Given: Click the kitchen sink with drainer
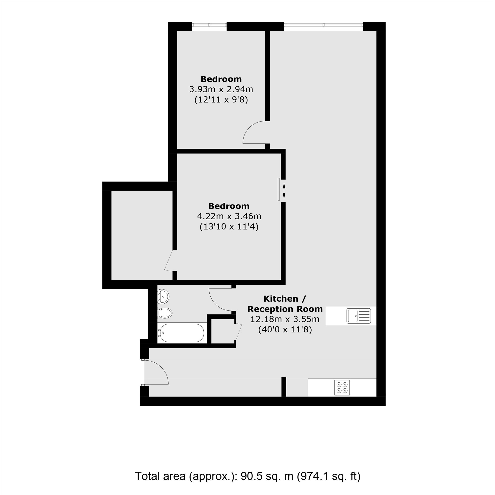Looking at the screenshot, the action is coord(359,316).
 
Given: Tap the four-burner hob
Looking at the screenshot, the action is coord(342,388).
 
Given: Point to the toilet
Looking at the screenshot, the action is coord(165,313).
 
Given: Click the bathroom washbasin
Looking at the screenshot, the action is coord(163,297).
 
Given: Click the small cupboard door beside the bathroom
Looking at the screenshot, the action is coord(238,332).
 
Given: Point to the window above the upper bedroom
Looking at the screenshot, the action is coord(210,25).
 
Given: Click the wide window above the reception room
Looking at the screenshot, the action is coord(323,25).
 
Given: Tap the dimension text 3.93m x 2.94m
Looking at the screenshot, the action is coord(221,89).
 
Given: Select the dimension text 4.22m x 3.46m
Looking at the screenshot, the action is coord(229,216).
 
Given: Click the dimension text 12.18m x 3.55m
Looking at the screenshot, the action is coord(285,319).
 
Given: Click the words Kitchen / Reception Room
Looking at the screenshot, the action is coord(285,304).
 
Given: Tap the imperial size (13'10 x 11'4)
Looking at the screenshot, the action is coord(229,227).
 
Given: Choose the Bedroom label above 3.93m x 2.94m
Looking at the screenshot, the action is coord(221,79).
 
